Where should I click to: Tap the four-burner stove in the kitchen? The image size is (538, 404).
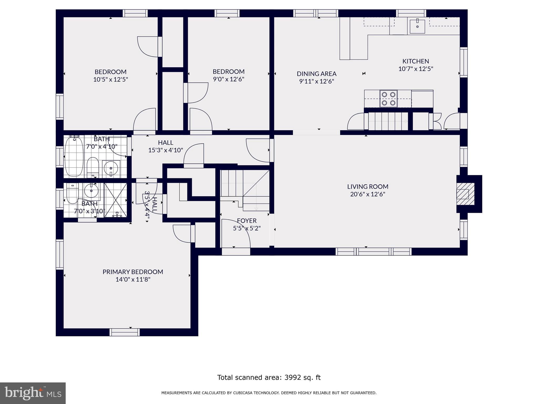point(388,99)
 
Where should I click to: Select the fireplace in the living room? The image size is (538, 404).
point(465,194)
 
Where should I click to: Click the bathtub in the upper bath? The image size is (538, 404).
point(74,156)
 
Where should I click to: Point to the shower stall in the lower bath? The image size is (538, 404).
point(116,200)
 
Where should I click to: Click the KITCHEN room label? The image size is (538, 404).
point(416,61)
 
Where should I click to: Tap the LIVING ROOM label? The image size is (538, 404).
point(368,187)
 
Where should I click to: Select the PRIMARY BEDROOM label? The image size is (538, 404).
point(133,272)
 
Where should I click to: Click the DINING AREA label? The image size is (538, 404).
point(317,74)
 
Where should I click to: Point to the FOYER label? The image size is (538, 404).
point(247,221)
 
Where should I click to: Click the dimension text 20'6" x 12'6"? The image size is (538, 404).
point(368,194)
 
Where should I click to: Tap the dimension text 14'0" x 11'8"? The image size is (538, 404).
point(133,279)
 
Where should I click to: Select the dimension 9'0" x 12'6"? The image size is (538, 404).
point(229,79)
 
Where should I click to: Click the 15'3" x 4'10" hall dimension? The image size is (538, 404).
point(165,150)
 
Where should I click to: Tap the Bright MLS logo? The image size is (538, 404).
point(33,393)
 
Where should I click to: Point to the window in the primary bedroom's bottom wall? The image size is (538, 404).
point(125,332)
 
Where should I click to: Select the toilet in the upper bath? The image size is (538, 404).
point(92,167)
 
